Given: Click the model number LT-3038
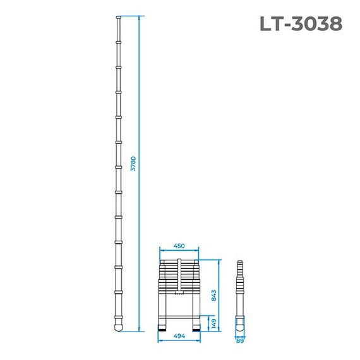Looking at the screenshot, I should click(301, 23).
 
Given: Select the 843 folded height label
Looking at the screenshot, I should click(214, 295).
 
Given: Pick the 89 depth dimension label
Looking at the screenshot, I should click(239, 340).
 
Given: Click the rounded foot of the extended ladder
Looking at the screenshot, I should click(119, 328).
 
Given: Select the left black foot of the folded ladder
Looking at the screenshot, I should click(162, 328).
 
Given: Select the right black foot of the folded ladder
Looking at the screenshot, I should click(196, 328).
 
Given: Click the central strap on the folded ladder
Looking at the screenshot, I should click(180, 276).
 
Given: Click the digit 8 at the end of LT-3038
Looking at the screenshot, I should click(334, 23).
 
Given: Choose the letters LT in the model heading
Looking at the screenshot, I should click(270, 23).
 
